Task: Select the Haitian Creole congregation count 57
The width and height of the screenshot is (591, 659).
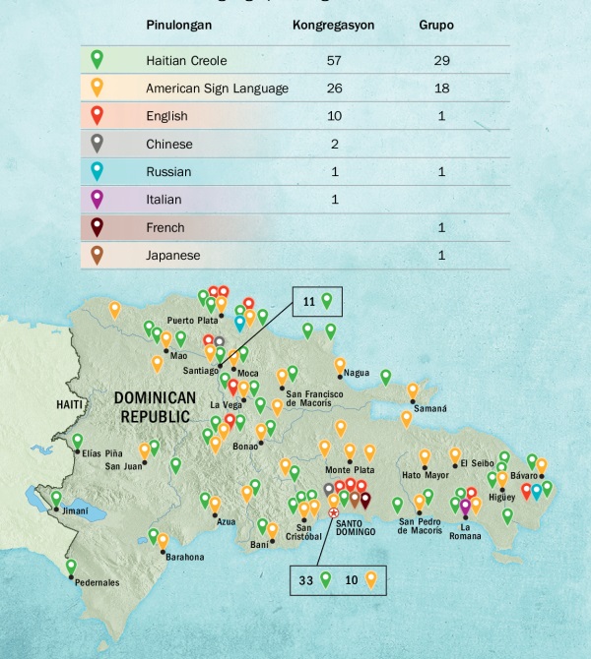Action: click(333, 60)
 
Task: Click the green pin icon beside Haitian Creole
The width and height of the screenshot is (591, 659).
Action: click(97, 59)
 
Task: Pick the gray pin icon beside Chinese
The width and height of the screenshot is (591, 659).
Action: click(97, 143)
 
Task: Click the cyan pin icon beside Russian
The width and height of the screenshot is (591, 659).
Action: click(97, 170)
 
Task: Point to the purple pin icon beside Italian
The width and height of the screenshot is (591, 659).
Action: click(97, 198)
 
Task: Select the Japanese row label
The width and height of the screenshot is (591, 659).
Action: click(173, 256)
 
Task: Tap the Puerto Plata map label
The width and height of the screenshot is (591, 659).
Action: click(193, 320)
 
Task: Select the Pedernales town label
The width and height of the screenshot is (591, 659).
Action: click(96, 582)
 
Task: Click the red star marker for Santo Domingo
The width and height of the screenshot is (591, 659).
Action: click(333, 512)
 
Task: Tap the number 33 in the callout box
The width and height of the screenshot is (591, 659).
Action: click(306, 580)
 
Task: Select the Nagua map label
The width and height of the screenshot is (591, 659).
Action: click(356, 374)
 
